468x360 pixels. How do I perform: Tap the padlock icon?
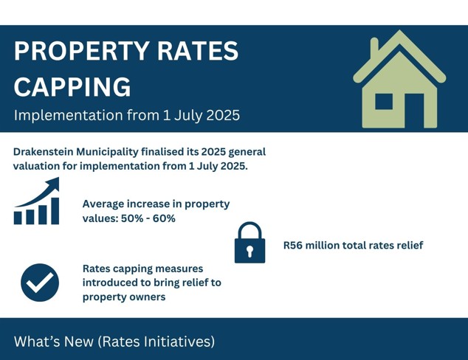coord(250,243)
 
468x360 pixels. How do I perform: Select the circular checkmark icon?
coord(40,283)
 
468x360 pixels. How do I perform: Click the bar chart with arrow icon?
coord(37,201)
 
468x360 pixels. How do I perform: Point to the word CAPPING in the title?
coord(72,87)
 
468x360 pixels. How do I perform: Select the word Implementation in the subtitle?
coord(61,116)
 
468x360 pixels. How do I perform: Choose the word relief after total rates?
coord(405,245)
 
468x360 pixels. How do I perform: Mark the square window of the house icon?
coord(384,101)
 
